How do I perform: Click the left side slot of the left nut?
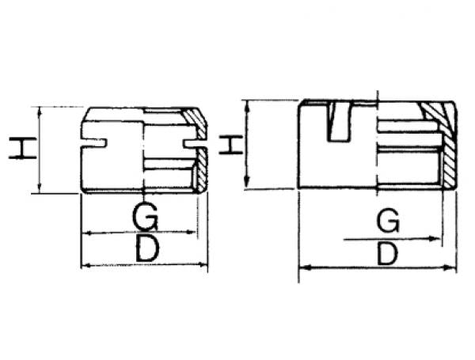[94, 143]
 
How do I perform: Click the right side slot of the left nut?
[192, 144]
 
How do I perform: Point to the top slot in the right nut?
[340, 123]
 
